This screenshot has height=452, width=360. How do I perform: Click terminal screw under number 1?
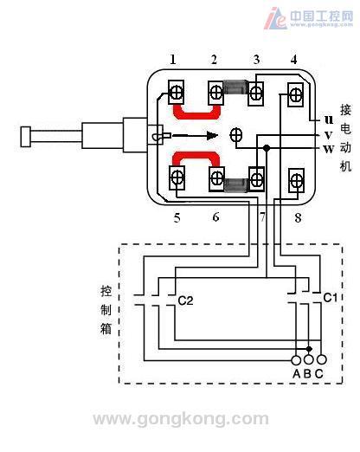point(176,93)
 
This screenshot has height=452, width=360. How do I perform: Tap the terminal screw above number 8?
point(296,181)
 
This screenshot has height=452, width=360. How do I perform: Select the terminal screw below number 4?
point(296,94)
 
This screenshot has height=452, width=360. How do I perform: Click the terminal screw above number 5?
point(177,178)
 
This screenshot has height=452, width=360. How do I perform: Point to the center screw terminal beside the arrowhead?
point(236,135)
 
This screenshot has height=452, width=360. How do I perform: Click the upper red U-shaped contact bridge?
point(196,112)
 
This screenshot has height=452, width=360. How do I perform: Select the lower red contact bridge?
point(196,158)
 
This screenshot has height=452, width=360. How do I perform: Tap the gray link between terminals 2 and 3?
point(235,87)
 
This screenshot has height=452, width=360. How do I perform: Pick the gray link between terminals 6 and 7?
point(236,185)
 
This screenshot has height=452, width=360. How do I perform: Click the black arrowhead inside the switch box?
point(212,135)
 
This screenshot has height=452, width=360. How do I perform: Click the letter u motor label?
point(329,119)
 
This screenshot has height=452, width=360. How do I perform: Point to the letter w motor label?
point(329,149)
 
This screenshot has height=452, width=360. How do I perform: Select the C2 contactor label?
point(185,300)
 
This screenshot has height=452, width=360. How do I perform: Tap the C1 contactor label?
point(330,298)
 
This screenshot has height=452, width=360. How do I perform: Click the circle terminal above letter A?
point(296,360)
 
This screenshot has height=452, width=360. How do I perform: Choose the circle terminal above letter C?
point(321,359)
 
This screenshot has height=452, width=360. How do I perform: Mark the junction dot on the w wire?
point(267,148)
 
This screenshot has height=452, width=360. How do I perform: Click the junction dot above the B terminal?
point(309,349)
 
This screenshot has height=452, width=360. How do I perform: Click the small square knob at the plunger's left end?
point(26,137)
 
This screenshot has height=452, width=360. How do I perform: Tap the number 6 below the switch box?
point(215,217)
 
